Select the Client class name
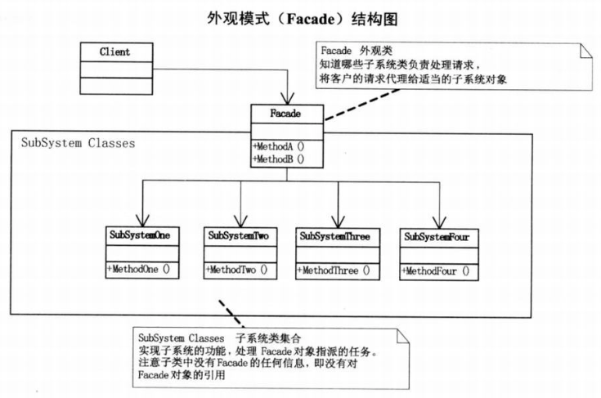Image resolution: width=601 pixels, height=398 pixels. (114, 52)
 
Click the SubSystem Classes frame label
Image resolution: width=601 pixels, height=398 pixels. (78, 143)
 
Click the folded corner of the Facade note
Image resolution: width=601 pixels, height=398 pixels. (585, 51)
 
